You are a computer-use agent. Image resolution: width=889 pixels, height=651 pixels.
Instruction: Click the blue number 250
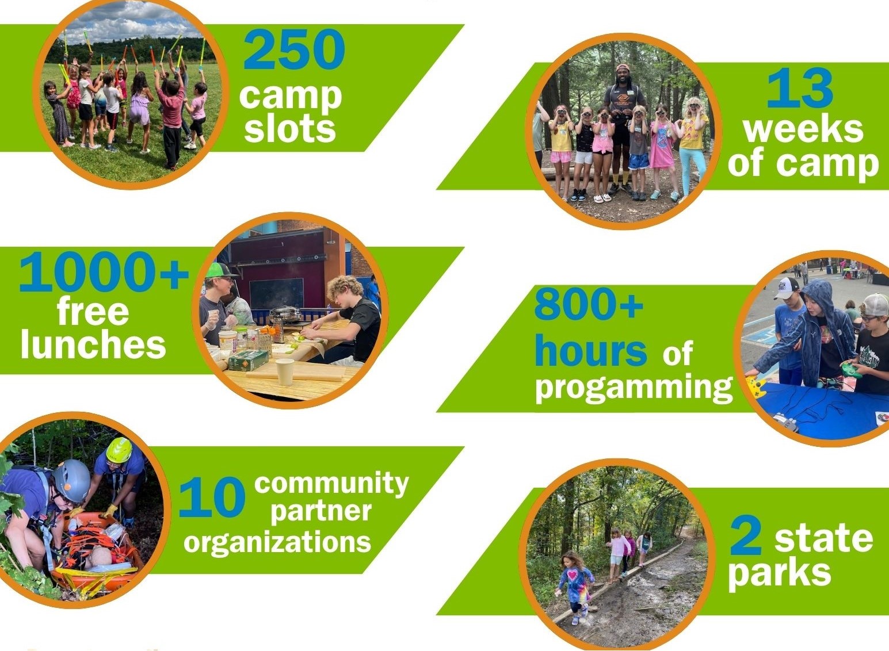pos(294,49)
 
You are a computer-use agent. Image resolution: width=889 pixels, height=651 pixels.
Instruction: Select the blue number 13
pos(800,87)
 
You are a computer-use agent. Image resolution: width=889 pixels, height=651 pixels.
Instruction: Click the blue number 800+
pos(589,304)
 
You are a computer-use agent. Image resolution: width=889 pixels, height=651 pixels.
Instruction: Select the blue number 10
pos(212,497)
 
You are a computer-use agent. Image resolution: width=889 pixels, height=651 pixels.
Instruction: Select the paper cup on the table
pos(285,372)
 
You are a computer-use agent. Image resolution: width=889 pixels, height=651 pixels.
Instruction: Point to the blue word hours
pos(591,350)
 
